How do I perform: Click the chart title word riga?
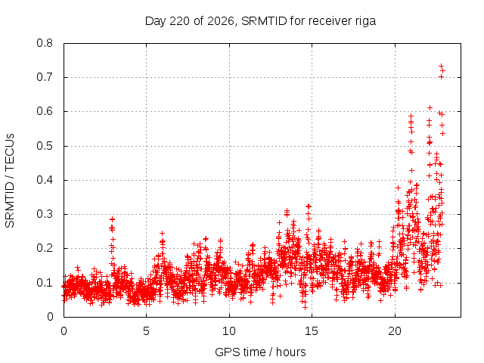tap(365, 21)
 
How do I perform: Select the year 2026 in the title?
tap(221, 21)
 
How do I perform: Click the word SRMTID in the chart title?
tap(264, 21)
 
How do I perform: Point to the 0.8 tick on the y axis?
tap(45, 43)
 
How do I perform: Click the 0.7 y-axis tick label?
tap(45, 77)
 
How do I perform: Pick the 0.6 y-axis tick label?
tap(45, 111)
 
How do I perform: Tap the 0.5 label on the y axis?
tap(45, 146)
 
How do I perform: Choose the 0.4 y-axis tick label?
tap(45, 180)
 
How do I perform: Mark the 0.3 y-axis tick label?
tap(45, 214)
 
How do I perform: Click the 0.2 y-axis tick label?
tap(45, 248)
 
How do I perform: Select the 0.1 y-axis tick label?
tap(45, 282)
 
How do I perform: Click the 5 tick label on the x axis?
tap(146, 331)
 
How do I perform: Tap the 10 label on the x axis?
tap(229, 331)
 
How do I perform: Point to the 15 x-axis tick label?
tap(312, 331)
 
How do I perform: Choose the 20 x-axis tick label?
tap(395, 331)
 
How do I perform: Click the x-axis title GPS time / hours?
tap(260, 352)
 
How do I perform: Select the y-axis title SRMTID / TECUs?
tap(10, 181)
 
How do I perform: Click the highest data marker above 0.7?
tap(442, 66)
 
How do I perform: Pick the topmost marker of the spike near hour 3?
tap(113, 219)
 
